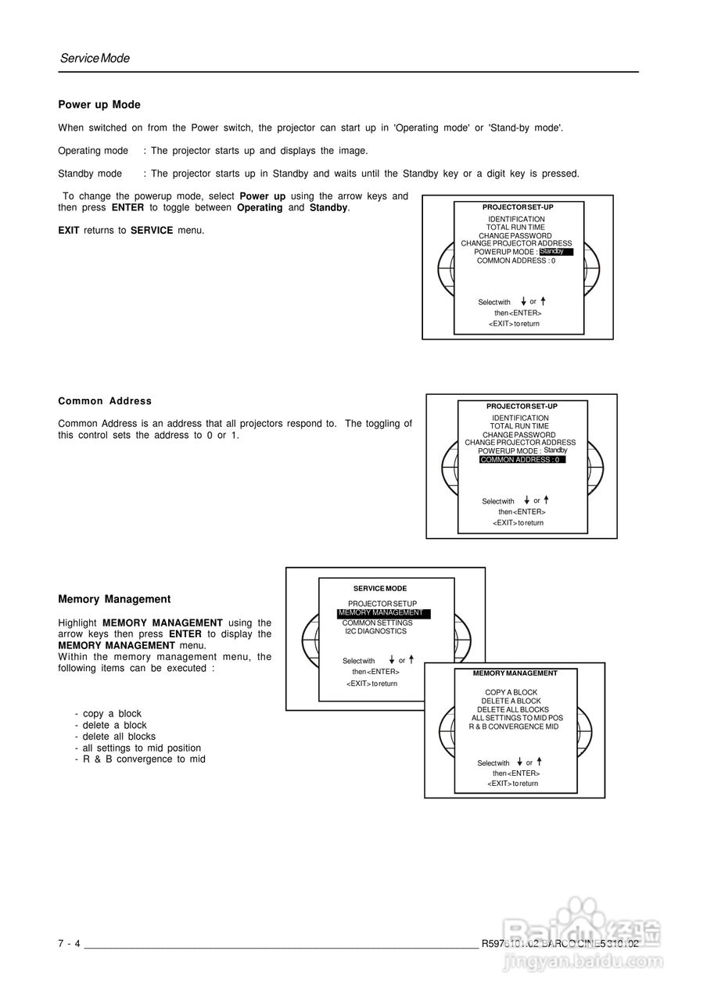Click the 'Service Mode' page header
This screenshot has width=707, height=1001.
click(x=95, y=59)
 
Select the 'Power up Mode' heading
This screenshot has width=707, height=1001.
click(x=99, y=105)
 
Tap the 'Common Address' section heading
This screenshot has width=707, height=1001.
click(x=105, y=401)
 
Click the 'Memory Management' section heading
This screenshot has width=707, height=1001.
click(x=114, y=599)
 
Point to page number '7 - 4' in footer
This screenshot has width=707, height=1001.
click(x=70, y=944)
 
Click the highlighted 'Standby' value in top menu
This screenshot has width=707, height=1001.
click(x=555, y=252)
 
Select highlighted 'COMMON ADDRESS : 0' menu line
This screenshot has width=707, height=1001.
click(x=522, y=460)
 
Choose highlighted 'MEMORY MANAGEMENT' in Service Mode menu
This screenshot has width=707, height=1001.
click(x=383, y=613)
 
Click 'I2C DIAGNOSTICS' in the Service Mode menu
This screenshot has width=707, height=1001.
click(x=375, y=631)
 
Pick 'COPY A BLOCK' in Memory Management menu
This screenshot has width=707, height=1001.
click(x=511, y=693)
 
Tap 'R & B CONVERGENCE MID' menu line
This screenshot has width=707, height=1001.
click(x=514, y=727)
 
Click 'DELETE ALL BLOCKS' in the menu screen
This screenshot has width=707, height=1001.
click(x=513, y=710)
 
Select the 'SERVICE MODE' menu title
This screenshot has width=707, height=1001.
click(x=380, y=588)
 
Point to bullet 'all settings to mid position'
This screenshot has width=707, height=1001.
click(x=141, y=748)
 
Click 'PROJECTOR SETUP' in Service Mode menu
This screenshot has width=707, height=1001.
click(x=382, y=604)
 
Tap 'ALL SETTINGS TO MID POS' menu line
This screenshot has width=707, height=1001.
click(x=517, y=718)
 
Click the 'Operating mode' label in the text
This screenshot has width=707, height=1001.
click(x=93, y=150)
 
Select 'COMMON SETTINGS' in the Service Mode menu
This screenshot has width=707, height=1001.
click(x=377, y=622)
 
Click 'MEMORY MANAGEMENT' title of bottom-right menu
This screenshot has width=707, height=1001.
click(x=515, y=673)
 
